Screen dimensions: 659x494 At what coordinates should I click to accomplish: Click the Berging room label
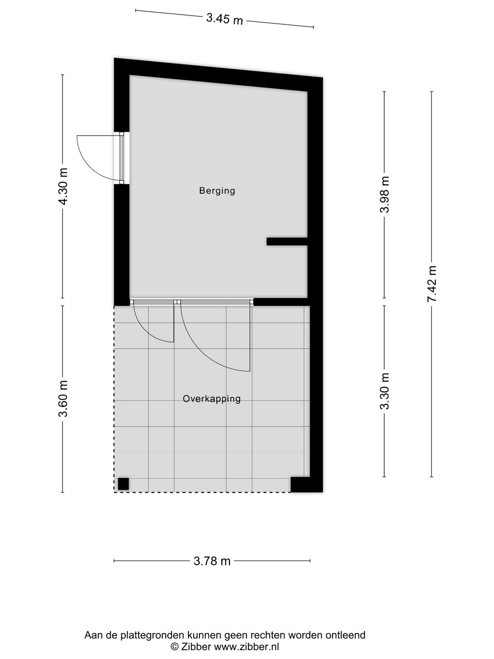[217, 191]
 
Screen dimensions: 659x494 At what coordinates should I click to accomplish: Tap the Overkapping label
[211, 399]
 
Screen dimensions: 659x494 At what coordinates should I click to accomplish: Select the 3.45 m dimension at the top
[225, 19]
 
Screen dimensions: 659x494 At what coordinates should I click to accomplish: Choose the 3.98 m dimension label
[385, 194]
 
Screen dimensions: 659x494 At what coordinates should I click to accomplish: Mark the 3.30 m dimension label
[385, 391]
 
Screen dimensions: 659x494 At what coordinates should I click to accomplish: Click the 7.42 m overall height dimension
[432, 284]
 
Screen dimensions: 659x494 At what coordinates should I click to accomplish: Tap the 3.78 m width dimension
[212, 561]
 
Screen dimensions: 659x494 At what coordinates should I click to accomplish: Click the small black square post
[123, 484]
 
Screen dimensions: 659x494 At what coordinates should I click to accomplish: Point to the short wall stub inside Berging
[287, 242]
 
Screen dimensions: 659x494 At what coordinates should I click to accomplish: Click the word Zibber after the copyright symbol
[196, 647]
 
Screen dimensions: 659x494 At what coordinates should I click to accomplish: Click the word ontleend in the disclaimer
[346, 635]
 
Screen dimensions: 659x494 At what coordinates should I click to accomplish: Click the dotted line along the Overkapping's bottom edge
[201, 492]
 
